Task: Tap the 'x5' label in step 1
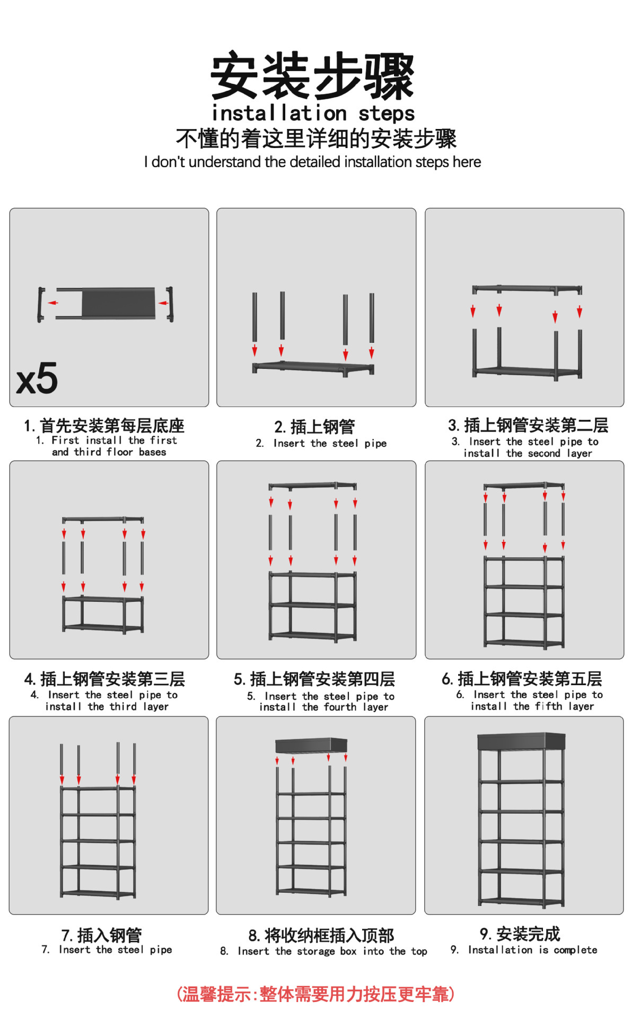pos(37,378)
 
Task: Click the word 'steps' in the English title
pos(387,114)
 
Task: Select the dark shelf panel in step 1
pos(118,303)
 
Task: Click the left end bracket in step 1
pos(41,304)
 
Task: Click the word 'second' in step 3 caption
pos(544,454)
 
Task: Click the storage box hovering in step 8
pos(311,745)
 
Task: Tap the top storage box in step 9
pos(521,741)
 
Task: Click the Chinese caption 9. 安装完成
pos(520,934)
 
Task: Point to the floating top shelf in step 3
pos(527,289)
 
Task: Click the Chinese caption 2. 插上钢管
pos(314,427)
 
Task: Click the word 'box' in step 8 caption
pos(348,952)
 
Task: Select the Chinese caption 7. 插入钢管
pos(101,935)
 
